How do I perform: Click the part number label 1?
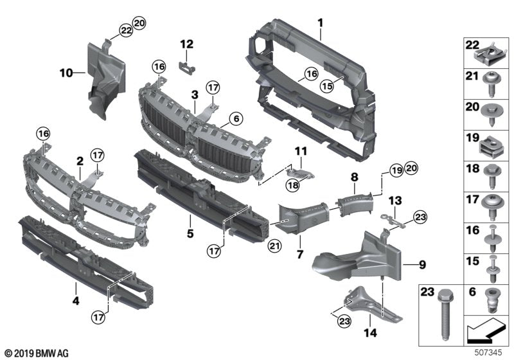tap(319, 23)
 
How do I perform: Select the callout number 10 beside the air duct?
tap(67, 73)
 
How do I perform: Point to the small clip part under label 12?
tap(188, 62)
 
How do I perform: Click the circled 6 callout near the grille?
tap(235, 119)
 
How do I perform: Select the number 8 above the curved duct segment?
tap(354, 174)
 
